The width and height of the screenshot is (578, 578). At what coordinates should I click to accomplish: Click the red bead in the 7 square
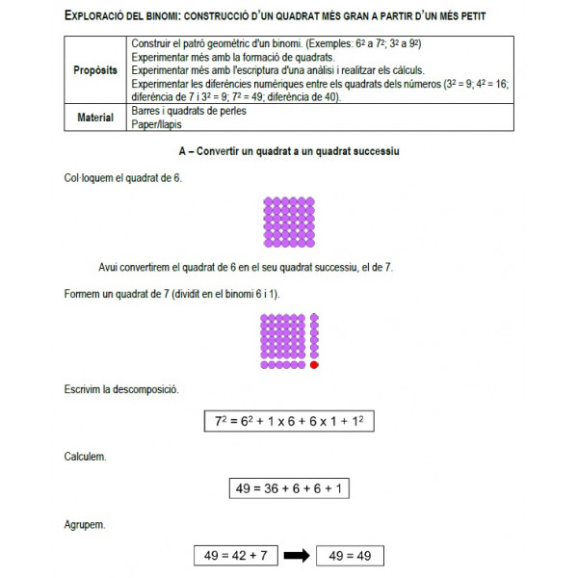coord(314,365)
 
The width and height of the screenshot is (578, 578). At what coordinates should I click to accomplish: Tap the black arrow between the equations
coord(298,555)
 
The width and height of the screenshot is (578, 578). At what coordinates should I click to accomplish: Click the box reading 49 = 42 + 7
coord(235,555)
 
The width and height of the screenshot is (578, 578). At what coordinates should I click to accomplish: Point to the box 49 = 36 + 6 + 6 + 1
coord(289,488)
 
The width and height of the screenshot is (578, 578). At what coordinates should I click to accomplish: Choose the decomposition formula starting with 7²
coord(289,422)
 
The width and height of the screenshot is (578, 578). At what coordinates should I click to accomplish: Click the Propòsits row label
coord(95,71)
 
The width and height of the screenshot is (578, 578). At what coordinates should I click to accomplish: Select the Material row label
coord(95,118)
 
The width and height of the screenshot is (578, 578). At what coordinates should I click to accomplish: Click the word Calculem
coord(85,455)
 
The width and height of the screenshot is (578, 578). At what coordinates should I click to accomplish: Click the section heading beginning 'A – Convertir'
coord(289,152)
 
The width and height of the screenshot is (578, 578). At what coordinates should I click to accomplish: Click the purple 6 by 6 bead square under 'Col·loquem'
coord(288,223)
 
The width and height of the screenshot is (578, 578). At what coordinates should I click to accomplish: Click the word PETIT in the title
coord(469,16)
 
